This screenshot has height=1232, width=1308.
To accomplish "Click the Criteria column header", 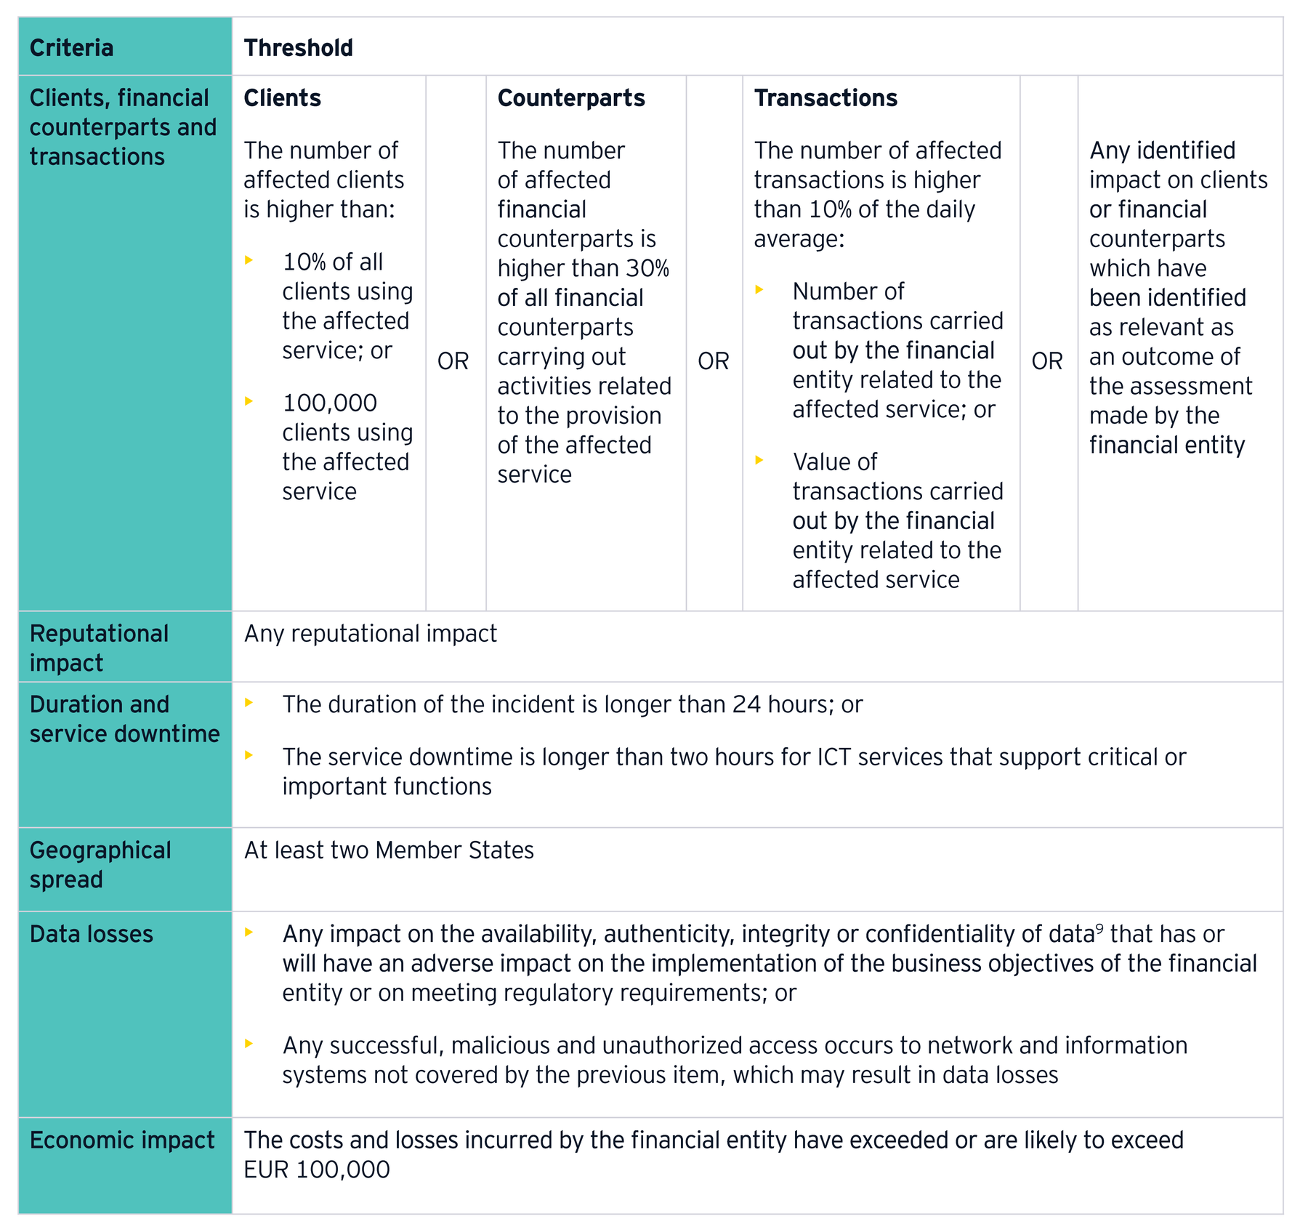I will click(71, 48).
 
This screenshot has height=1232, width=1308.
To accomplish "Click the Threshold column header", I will click(298, 48).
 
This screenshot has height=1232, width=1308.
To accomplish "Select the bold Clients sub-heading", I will click(282, 98).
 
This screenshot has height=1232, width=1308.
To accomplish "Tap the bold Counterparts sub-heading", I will click(571, 98).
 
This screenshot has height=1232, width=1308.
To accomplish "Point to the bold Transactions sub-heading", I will click(825, 98).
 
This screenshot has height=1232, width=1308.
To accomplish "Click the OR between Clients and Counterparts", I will click(453, 361).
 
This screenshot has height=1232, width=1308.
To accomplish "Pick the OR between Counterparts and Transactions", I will click(713, 361).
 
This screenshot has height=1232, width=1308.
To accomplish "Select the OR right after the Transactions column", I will click(1046, 361).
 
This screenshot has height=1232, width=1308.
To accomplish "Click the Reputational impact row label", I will click(99, 648).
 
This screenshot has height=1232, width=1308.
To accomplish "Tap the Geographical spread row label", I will click(100, 864).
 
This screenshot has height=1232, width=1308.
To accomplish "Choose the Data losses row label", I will click(92, 934).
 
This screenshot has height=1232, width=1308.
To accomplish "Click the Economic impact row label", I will click(122, 1140).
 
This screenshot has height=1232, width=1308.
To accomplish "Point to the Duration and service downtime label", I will click(124, 719).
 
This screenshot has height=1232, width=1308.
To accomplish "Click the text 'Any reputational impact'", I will click(370, 634).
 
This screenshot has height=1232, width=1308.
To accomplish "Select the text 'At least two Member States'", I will click(389, 850).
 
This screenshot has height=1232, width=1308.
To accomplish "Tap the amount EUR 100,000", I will click(317, 1169).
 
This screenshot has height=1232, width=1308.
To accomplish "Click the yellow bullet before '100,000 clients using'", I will click(249, 401).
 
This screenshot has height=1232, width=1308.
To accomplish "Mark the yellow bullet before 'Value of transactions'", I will click(759, 460).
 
